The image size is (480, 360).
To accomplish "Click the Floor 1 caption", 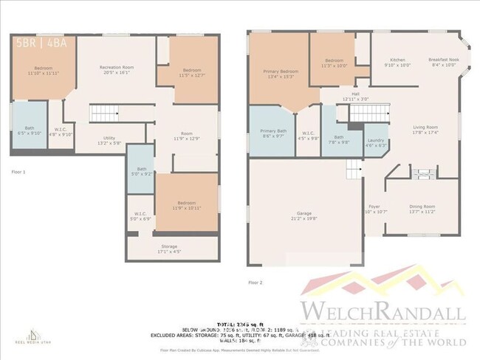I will pyautogui.click(x=18, y=171).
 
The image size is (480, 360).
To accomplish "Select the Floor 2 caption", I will pyautogui.click(x=255, y=283).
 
